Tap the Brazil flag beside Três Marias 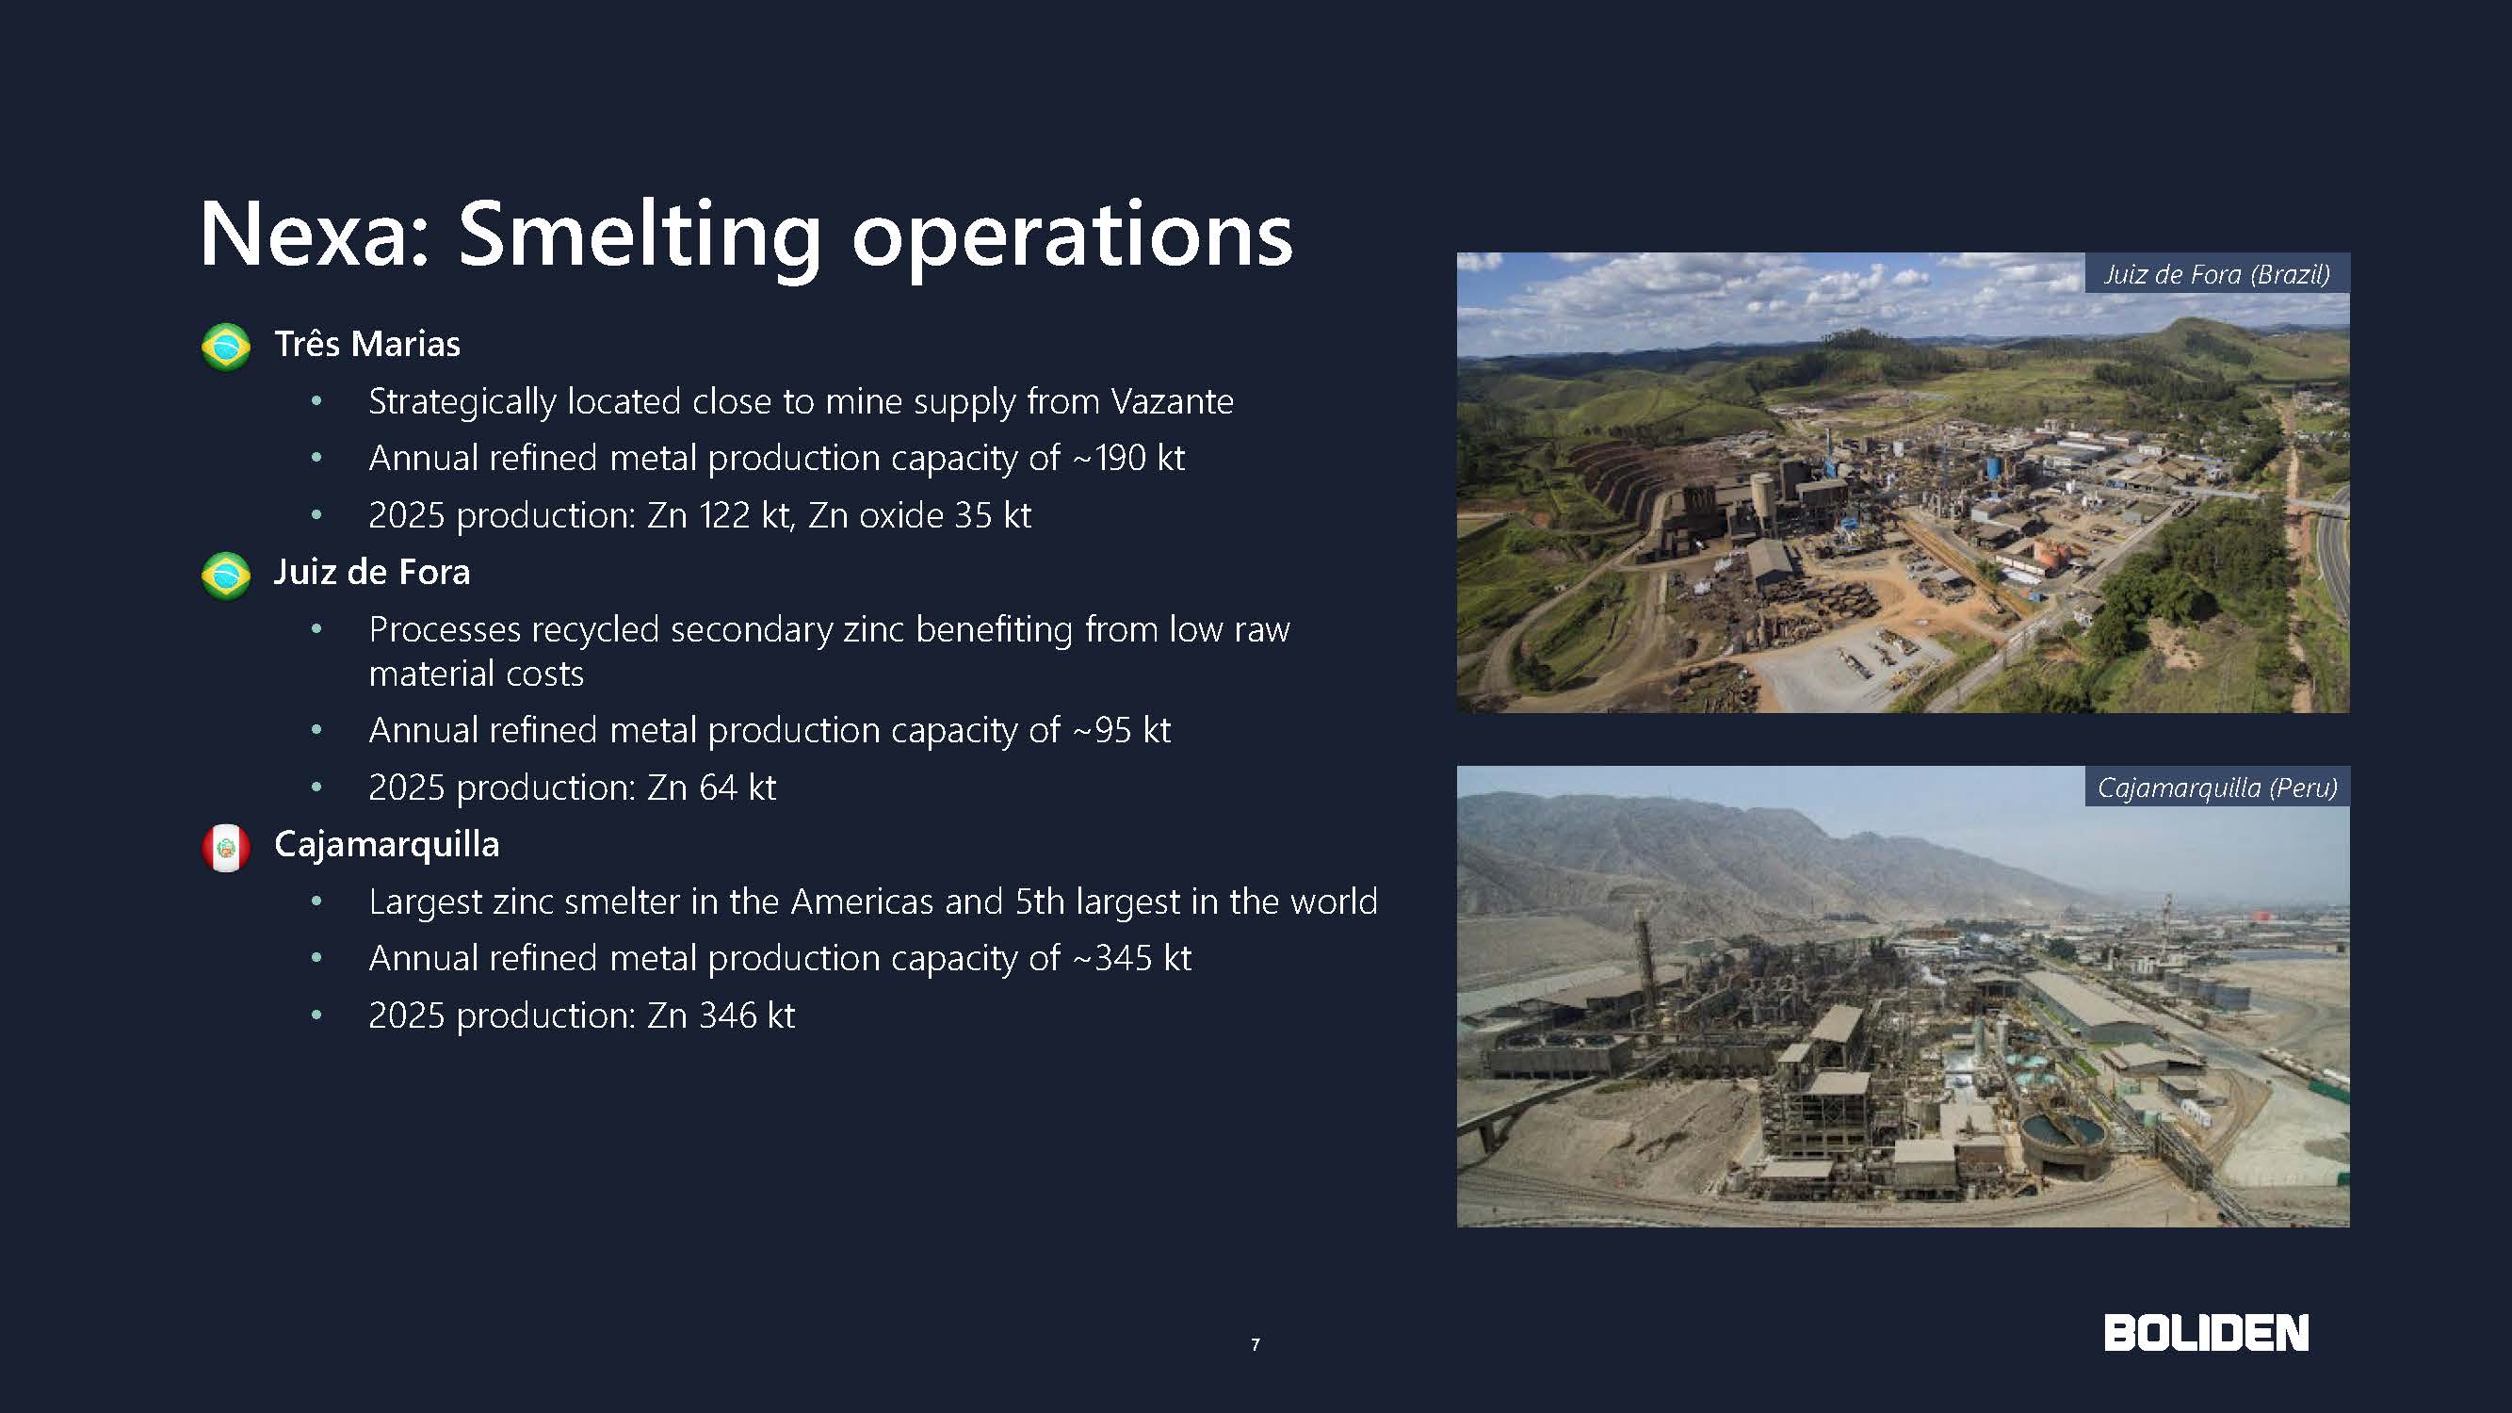pyautogui.click(x=226, y=346)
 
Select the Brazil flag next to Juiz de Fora pyautogui.click(x=226, y=576)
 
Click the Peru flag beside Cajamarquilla pyautogui.click(x=226, y=848)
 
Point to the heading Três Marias pyautogui.click(x=366, y=344)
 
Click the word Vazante pyautogui.click(x=1172, y=402)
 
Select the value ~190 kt pyautogui.click(x=1128, y=459)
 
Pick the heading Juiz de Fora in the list pyautogui.click(x=371, y=573)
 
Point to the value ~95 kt pyautogui.click(x=1121, y=730)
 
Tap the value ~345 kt pyautogui.click(x=1131, y=959)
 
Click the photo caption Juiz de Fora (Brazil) pyautogui.click(x=2216, y=274)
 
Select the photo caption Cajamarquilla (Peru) pyautogui.click(x=2216, y=788)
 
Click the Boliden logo pyautogui.click(x=2206, y=1333)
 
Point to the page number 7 pyautogui.click(x=1255, y=1345)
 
